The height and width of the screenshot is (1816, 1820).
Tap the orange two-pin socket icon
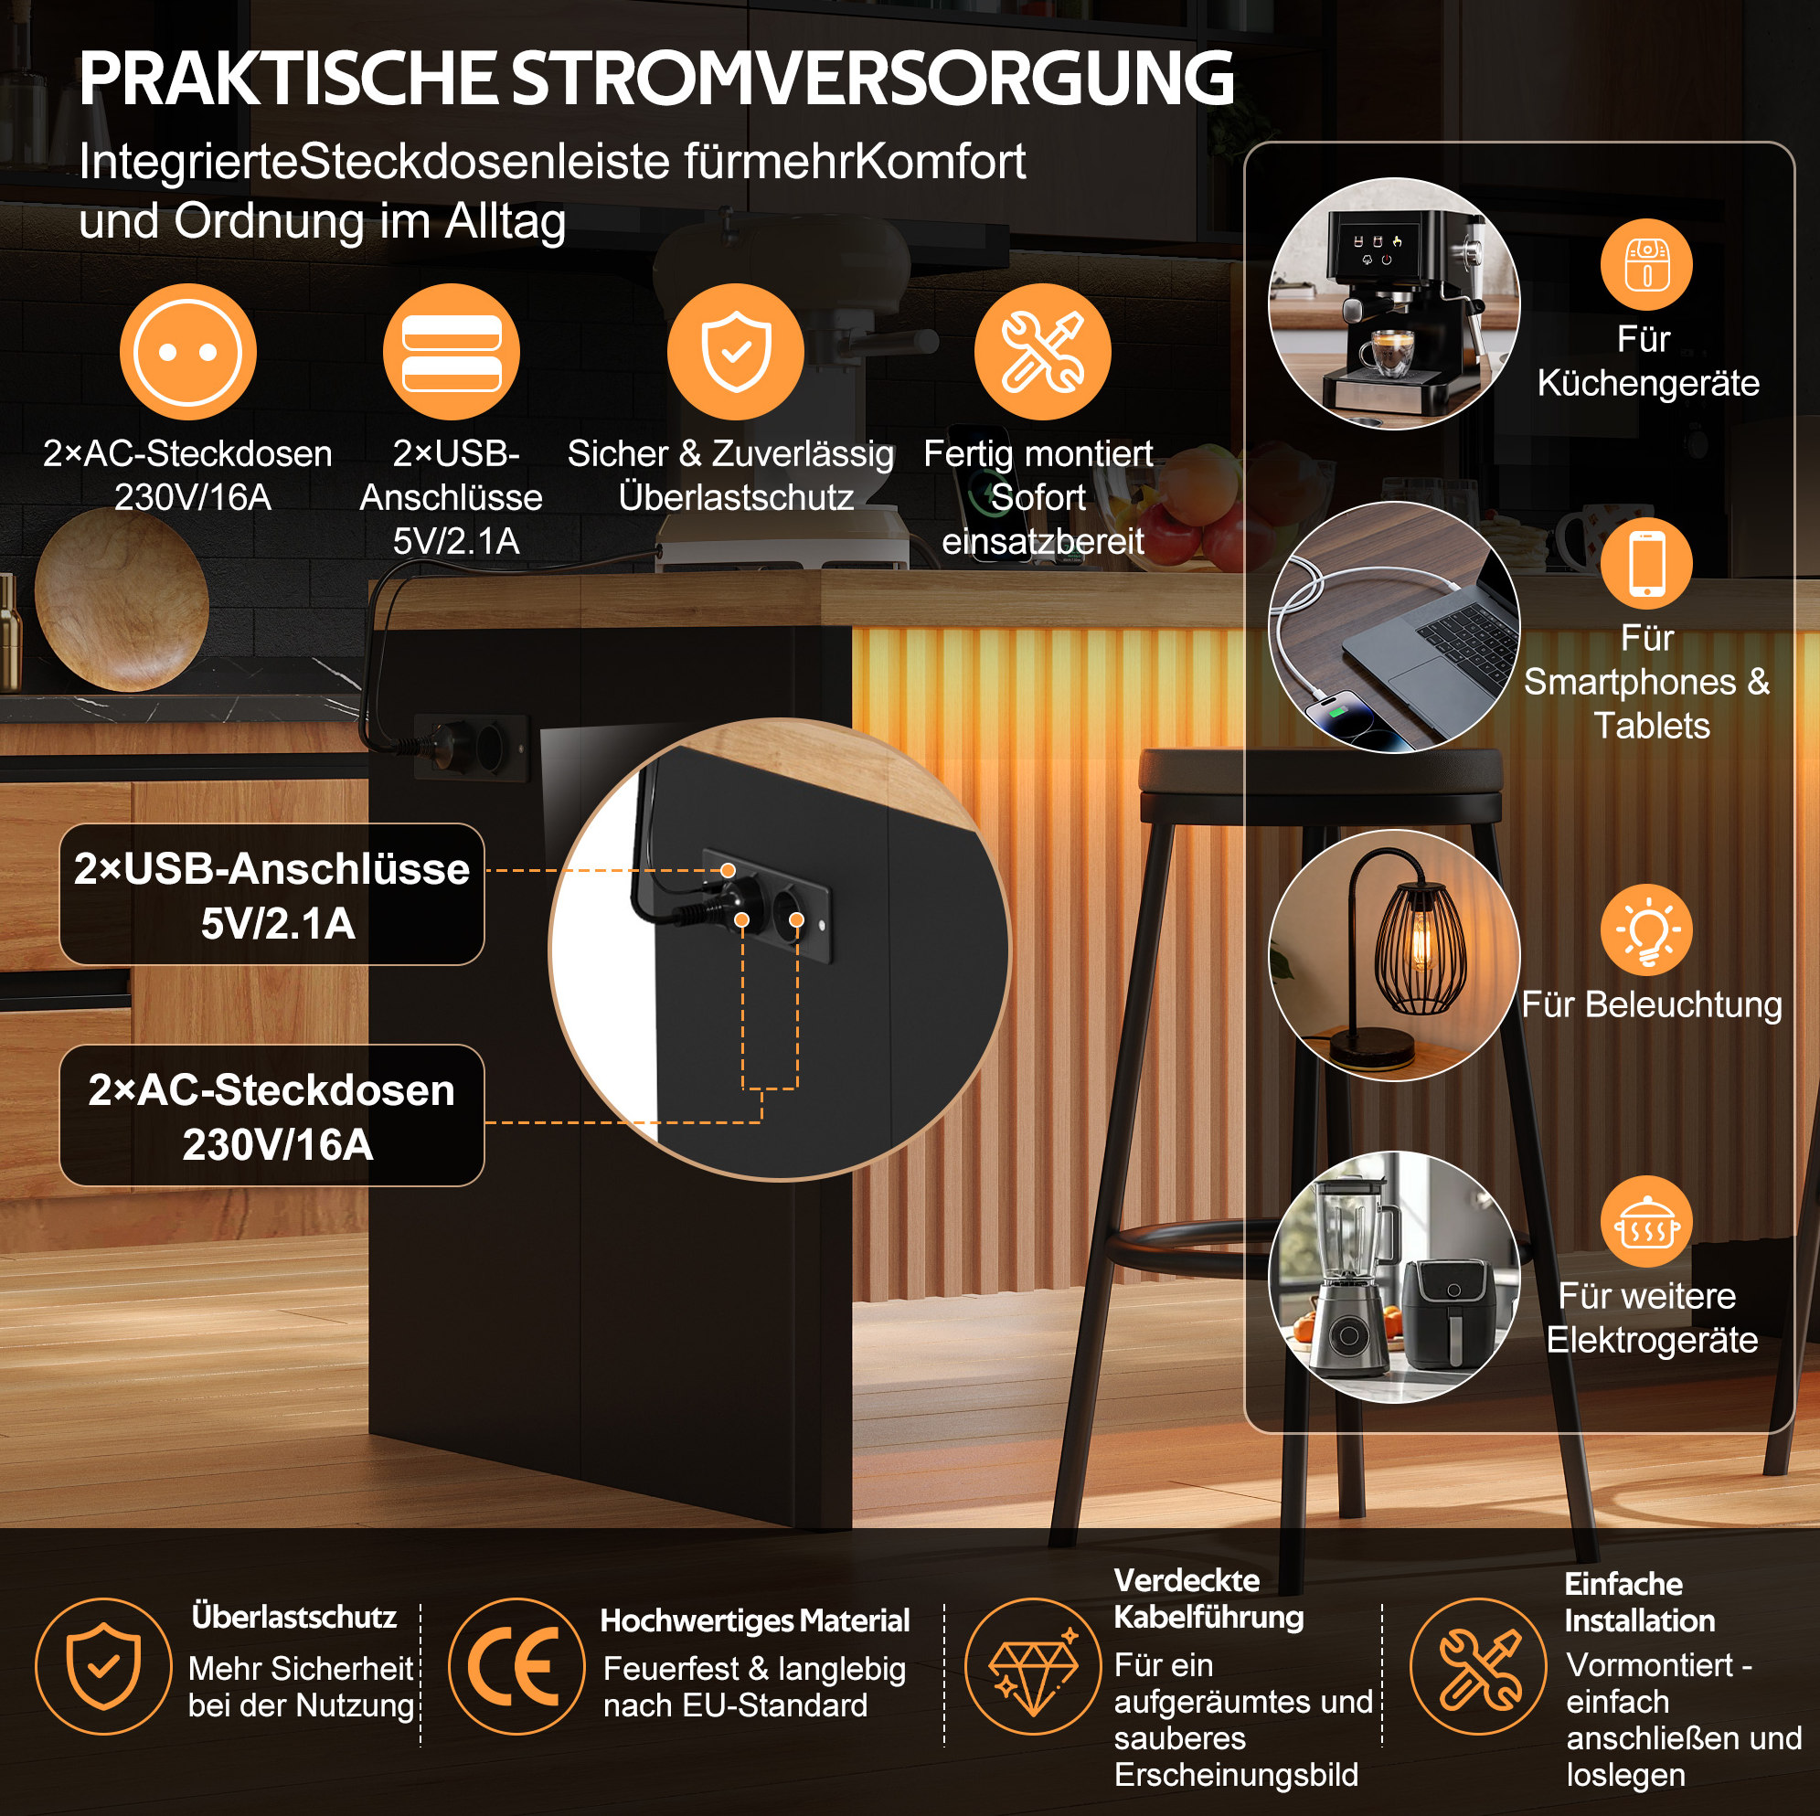(x=187, y=351)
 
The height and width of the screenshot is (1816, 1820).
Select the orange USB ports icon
(x=452, y=351)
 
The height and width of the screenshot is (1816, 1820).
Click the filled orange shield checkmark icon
(x=736, y=351)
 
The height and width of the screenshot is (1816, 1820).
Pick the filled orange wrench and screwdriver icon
(x=1043, y=351)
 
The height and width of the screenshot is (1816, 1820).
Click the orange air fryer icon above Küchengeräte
(x=1646, y=265)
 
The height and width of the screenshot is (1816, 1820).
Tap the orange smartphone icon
(x=1646, y=562)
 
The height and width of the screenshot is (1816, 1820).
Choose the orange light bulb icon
(x=1646, y=929)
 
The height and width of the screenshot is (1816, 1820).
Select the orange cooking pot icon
(x=1646, y=1222)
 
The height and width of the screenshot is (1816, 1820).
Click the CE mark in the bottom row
(x=516, y=1666)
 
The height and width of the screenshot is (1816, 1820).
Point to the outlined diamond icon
(x=1034, y=1666)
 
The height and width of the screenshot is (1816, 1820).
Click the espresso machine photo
(x=1394, y=303)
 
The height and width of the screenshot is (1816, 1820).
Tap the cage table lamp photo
(x=1394, y=955)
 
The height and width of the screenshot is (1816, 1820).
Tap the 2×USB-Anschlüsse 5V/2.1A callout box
(x=271, y=894)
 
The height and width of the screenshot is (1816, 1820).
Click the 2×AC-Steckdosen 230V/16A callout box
(x=271, y=1115)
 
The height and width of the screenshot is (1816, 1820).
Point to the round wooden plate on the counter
(x=122, y=599)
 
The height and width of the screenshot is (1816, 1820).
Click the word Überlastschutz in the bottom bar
(x=294, y=1617)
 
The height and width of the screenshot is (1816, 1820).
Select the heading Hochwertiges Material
(x=754, y=1620)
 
